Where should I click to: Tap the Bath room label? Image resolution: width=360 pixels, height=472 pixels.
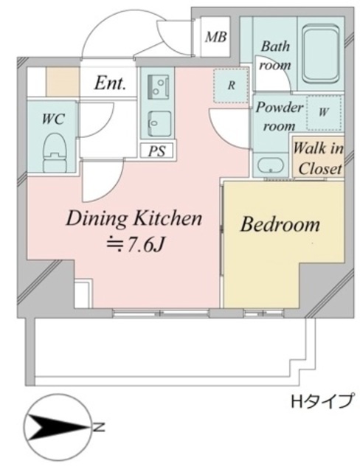(x=274, y=55)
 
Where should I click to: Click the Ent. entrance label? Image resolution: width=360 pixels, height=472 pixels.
(x=109, y=83)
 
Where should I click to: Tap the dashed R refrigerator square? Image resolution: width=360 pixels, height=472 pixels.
(x=231, y=84)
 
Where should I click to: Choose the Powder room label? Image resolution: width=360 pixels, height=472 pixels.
(x=278, y=116)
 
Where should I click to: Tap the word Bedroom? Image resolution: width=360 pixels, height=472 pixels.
(x=280, y=224)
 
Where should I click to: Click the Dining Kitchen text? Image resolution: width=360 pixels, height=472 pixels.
(x=134, y=218)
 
